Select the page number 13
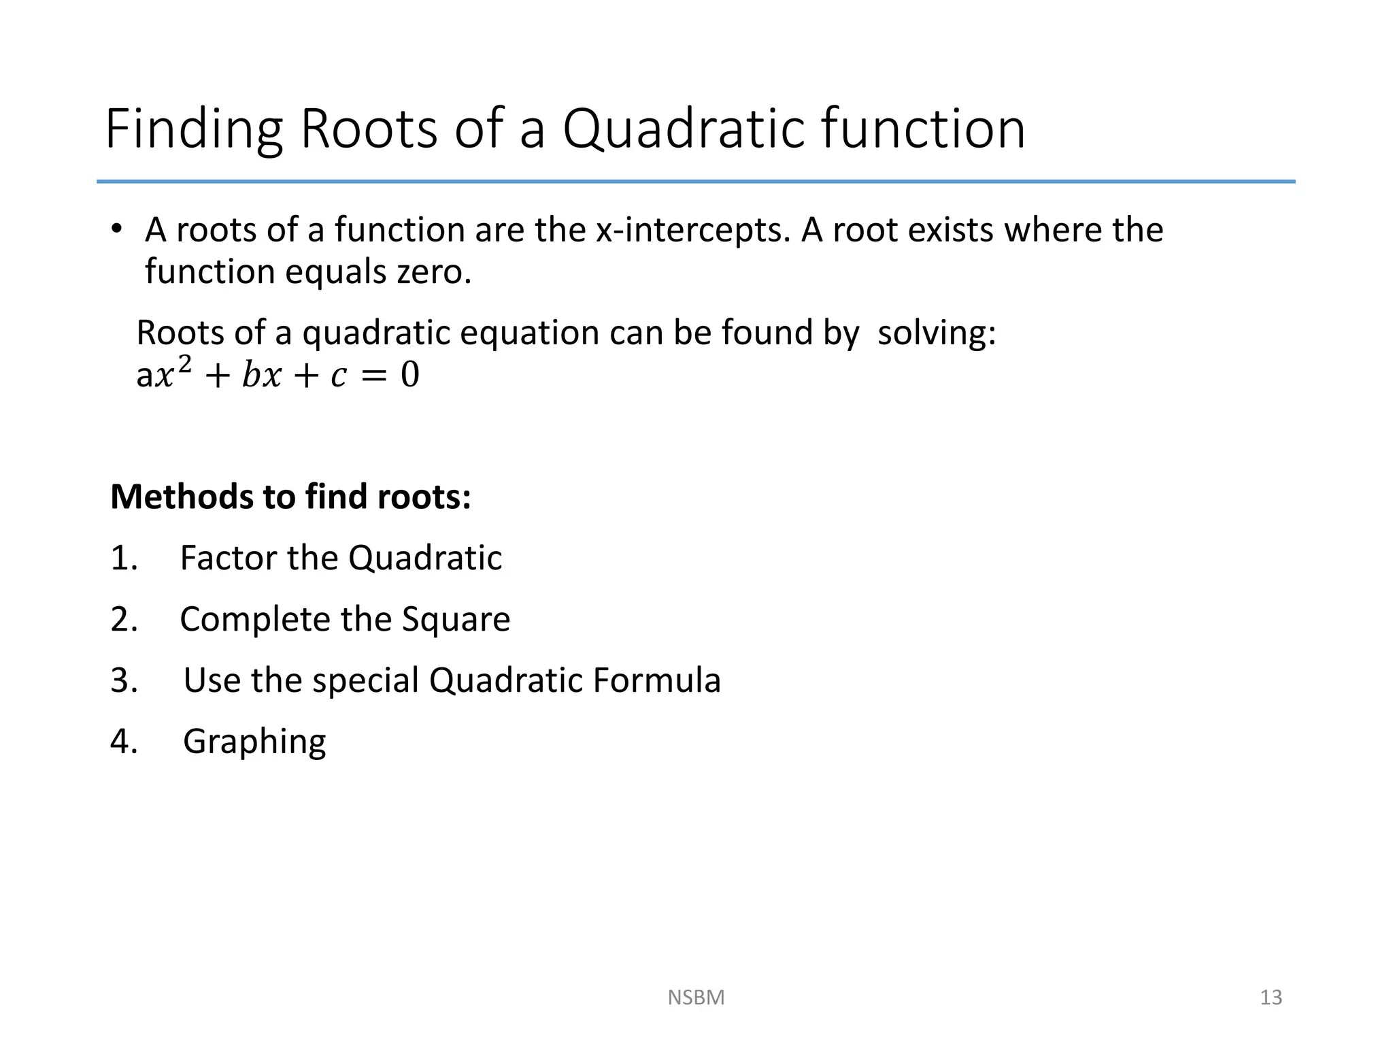[x=1271, y=997]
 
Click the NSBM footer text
[x=696, y=997]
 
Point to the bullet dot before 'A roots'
[x=117, y=229]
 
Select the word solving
[x=936, y=333]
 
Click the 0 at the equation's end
[x=409, y=375]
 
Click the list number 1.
[x=122, y=559]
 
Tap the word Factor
[x=228, y=559]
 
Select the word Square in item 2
[x=456, y=620]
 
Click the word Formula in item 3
[x=656, y=680]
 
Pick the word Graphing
[x=254, y=742]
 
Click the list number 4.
[x=122, y=742]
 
